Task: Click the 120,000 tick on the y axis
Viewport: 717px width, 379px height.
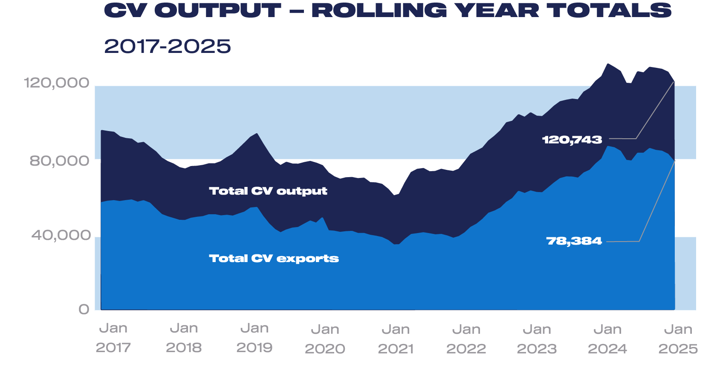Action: (x=56, y=82)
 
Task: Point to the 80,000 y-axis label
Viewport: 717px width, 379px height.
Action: (x=59, y=160)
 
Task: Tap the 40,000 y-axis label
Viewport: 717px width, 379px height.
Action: (x=61, y=235)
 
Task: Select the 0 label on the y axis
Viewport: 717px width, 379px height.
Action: (x=84, y=309)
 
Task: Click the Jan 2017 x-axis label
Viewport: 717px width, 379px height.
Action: (x=113, y=338)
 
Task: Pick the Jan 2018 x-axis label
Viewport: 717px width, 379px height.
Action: (x=184, y=338)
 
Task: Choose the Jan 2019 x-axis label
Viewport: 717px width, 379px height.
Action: (x=254, y=338)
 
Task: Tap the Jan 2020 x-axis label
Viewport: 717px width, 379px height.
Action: (x=325, y=339)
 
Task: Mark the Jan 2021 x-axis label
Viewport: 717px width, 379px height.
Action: (x=396, y=339)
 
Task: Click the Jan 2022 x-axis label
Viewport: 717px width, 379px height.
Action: (x=466, y=339)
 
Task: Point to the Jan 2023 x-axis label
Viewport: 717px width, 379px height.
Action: (x=537, y=339)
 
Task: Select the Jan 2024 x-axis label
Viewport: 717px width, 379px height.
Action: (x=607, y=339)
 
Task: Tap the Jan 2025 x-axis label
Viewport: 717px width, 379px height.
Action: (x=678, y=339)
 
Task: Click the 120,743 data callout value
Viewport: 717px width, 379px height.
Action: (x=572, y=140)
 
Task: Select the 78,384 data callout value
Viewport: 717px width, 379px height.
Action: (x=574, y=241)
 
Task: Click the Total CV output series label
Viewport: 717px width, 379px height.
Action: (x=268, y=191)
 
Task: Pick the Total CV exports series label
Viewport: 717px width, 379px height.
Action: (x=274, y=258)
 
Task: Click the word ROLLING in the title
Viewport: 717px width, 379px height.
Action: (x=379, y=11)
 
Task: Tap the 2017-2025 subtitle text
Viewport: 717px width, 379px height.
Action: (x=168, y=46)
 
